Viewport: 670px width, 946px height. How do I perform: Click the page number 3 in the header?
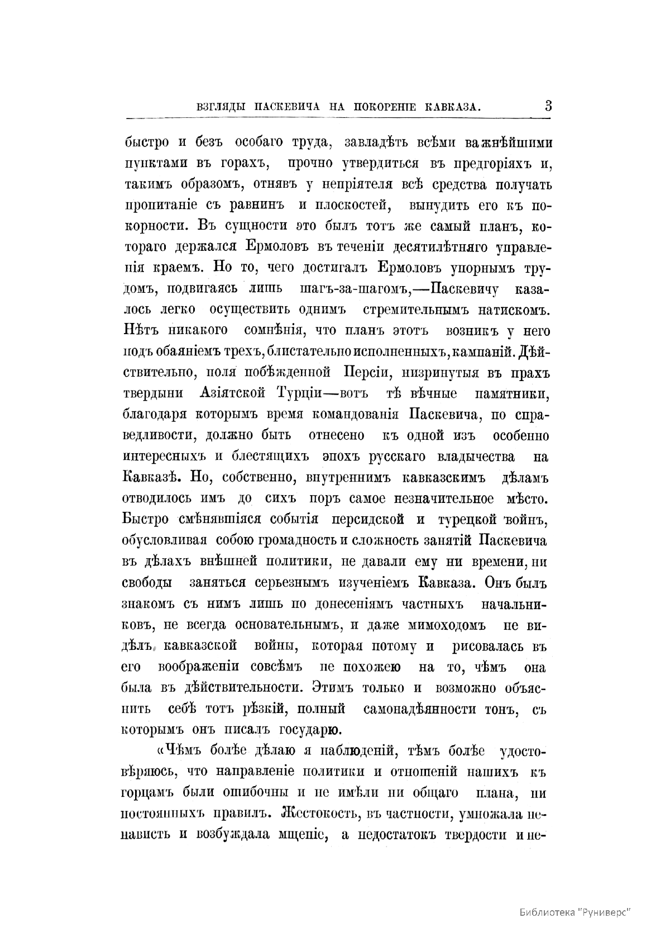(548, 105)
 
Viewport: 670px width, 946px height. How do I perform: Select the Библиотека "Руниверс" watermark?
(575, 911)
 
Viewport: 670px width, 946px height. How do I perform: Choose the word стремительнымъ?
(413, 310)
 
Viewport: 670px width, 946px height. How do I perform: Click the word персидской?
(367, 520)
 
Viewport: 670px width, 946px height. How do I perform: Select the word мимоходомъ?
(447, 625)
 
